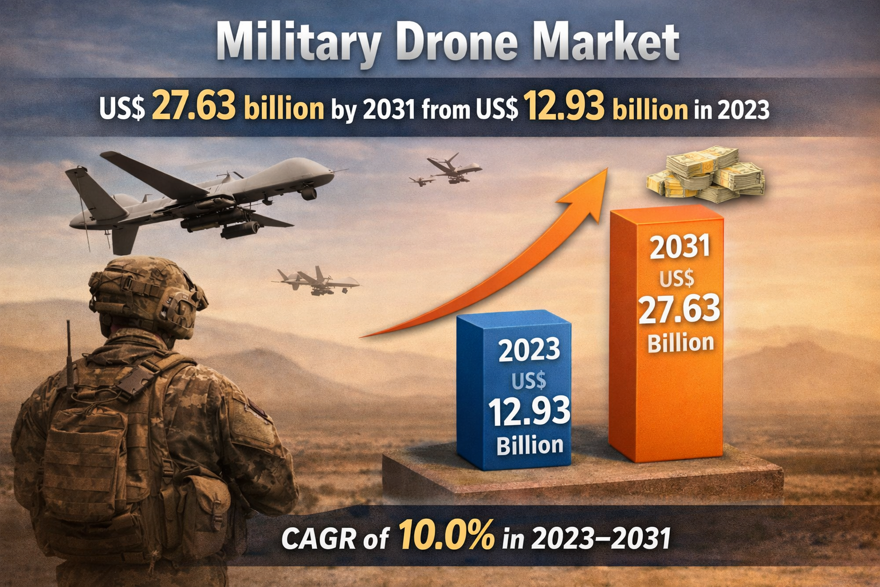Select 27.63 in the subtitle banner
point(194,107)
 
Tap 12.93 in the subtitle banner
point(564,107)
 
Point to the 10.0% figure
point(446,536)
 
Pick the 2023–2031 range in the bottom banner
point(601,538)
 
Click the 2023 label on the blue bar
point(529,350)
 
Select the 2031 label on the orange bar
point(680,247)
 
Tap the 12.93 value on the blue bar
point(529,412)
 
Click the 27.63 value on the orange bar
point(679,310)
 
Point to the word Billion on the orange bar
point(681,343)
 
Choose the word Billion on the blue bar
point(529,445)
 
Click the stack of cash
point(706,175)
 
